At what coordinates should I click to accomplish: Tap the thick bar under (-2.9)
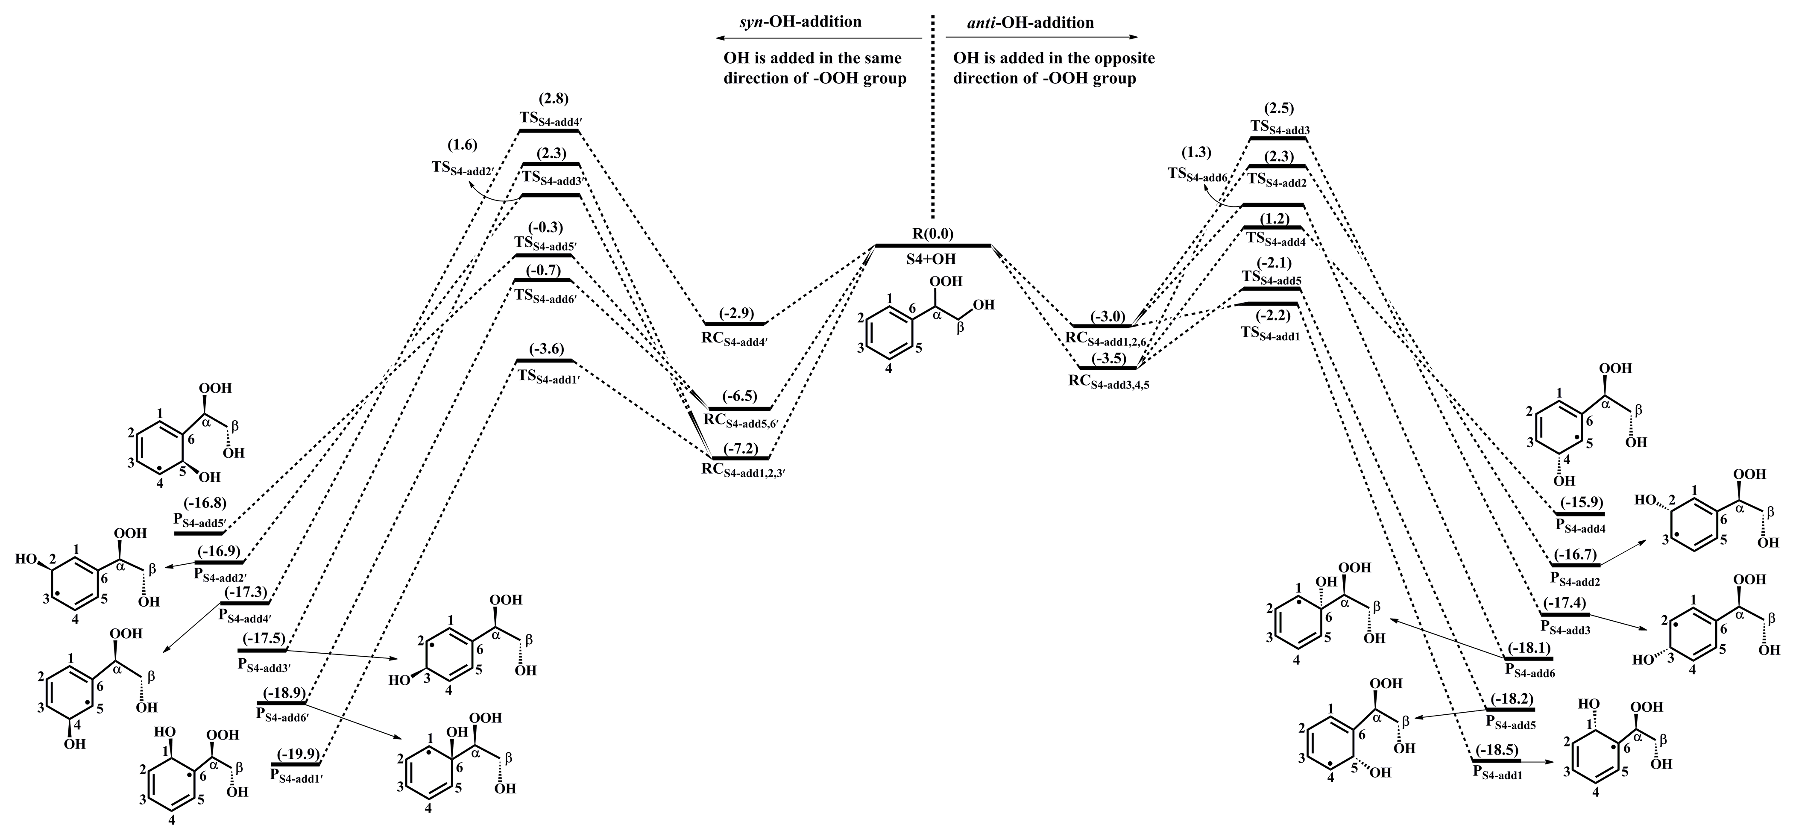[x=735, y=324]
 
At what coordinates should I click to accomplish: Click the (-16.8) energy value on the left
[x=205, y=502]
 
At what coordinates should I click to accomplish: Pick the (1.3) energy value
[x=1196, y=152]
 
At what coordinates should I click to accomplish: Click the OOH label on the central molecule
[x=946, y=281]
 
